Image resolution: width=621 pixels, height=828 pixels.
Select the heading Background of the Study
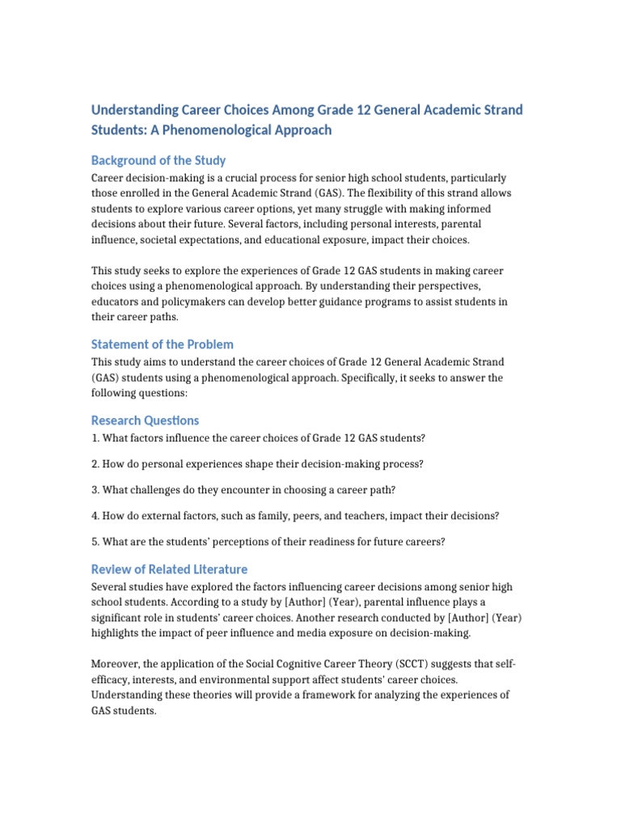[x=158, y=160]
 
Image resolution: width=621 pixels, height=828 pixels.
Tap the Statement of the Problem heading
[x=162, y=344]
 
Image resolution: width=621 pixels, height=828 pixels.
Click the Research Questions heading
[x=145, y=420]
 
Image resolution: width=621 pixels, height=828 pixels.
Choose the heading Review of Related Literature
[x=169, y=568]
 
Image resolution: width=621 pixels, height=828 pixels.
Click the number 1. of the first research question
[x=95, y=437]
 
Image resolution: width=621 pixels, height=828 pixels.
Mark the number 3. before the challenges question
[x=95, y=489]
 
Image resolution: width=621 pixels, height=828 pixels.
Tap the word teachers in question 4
[x=402, y=515]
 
